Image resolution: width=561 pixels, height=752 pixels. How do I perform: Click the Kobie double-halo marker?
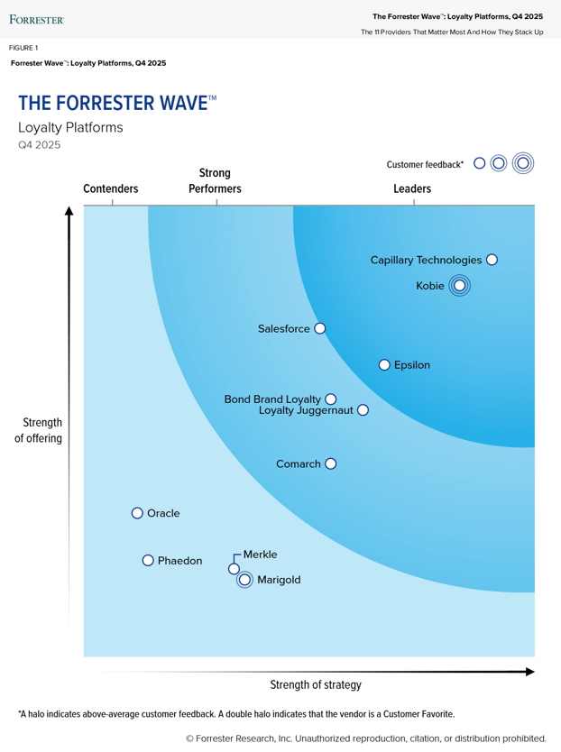459,286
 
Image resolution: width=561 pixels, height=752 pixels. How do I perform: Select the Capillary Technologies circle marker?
492,260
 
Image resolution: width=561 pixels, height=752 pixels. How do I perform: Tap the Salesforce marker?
319,329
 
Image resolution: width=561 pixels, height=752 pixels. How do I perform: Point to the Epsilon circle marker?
384,365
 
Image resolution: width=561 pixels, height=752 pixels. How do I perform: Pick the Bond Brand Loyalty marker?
330,399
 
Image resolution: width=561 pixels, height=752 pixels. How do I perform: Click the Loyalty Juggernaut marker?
363,410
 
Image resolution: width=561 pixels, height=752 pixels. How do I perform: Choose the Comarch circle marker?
330,463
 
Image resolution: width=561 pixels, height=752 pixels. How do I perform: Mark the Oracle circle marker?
137,513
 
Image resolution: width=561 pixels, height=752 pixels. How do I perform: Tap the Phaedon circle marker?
148,561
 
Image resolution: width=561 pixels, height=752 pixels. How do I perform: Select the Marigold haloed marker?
244,580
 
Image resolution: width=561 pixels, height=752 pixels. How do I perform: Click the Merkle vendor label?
260,555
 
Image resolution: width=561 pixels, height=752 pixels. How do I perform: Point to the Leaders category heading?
412,189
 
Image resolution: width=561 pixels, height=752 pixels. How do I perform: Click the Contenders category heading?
111,189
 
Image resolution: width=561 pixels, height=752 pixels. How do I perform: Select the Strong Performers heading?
215,180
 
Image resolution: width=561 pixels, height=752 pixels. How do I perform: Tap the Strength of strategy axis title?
316,684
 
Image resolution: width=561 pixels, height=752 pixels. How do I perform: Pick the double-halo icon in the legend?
522,163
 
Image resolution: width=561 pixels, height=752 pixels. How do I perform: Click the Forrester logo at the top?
36,18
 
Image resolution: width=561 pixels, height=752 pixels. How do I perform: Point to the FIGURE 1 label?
23,48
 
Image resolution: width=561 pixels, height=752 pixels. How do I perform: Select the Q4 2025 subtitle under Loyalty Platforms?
39,145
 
